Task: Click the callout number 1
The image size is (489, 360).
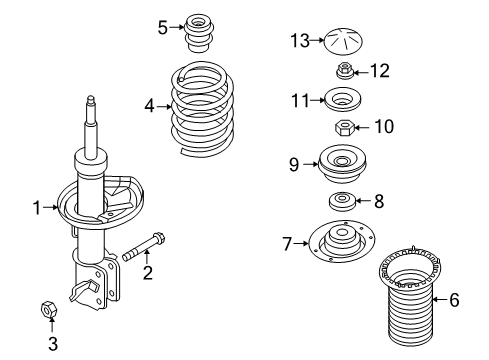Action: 37,208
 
